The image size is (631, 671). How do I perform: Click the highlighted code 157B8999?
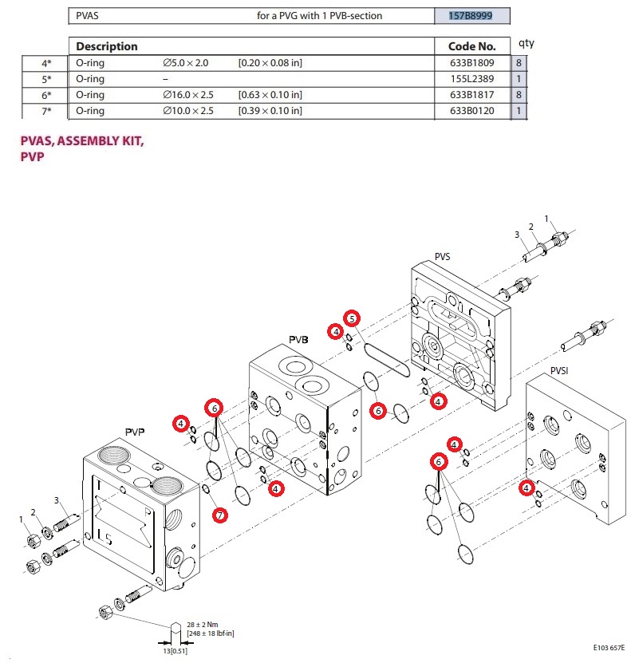click(x=471, y=16)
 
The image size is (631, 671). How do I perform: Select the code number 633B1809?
click(x=471, y=63)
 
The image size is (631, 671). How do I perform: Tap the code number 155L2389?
click(x=471, y=79)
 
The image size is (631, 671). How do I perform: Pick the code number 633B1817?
click(x=471, y=95)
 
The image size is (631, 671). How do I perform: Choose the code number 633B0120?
click(x=471, y=111)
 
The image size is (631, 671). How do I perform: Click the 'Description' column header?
click(x=107, y=46)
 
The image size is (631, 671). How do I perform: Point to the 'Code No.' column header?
click(x=471, y=46)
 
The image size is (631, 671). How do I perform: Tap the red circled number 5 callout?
click(x=352, y=318)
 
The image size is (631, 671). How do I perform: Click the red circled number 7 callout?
click(x=219, y=515)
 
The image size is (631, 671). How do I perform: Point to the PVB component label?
click(x=298, y=340)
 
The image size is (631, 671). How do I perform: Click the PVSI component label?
click(x=562, y=371)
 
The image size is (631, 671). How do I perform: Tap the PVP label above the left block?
click(x=134, y=432)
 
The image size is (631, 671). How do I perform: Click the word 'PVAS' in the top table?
click(x=89, y=16)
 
